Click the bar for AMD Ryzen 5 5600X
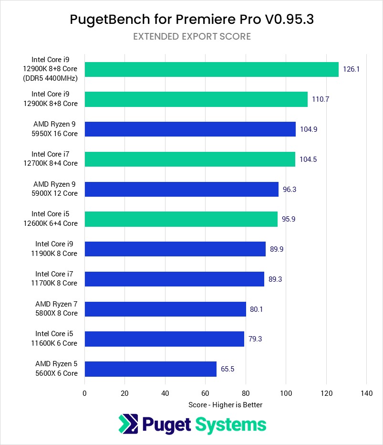click(150, 369)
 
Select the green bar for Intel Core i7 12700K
click(190, 159)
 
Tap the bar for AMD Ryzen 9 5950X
click(190, 129)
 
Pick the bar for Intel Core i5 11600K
click(164, 339)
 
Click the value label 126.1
click(351, 69)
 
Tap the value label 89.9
click(277, 249)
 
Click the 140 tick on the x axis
click(366, 393)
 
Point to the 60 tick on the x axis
click(205, 393)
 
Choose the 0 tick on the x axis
click(84, 393)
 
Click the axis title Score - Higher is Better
click(225, 404)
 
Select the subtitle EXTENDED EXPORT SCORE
click(192, 37)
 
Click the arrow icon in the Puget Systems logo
click(128, 424)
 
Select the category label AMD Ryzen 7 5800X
click(56, 309)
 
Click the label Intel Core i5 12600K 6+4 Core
click(54, 219)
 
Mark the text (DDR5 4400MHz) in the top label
click(54, 78)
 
